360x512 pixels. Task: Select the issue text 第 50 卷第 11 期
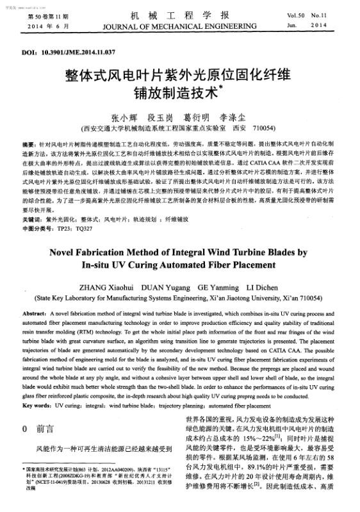pyautogui.click(x=40, y=14)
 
